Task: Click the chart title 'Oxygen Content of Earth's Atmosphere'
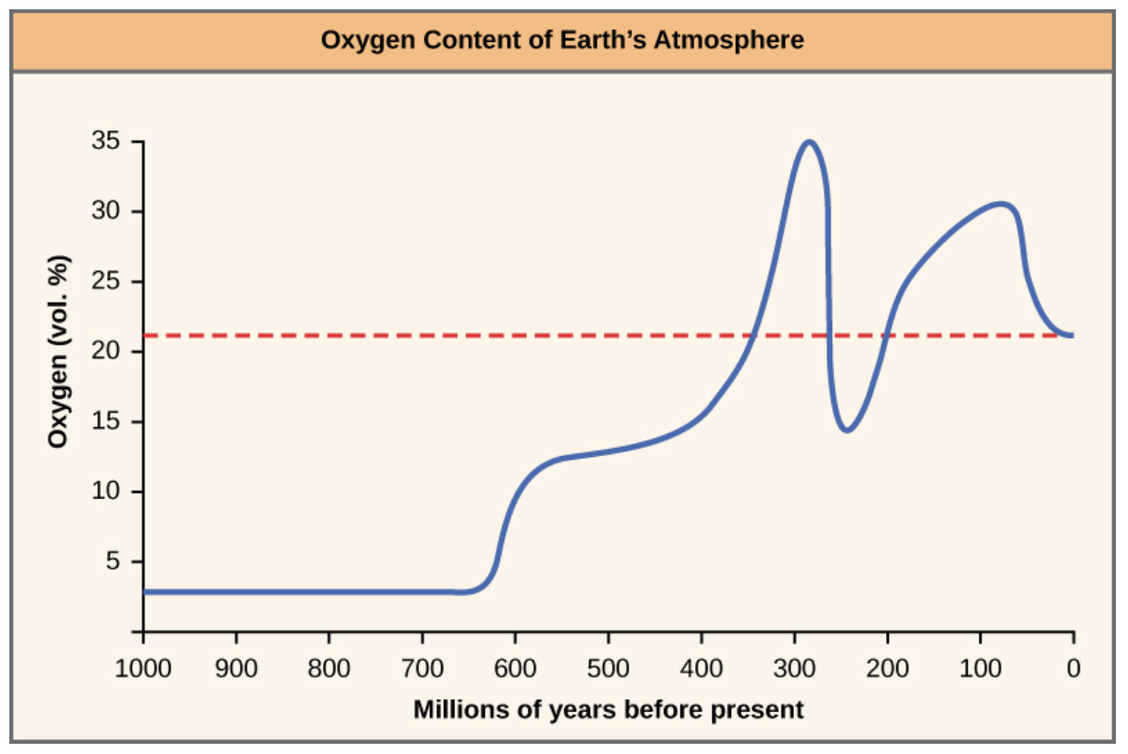(x=562, y=40)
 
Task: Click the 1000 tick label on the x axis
(x=143, y=668)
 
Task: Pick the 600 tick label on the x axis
(x=515, y=668)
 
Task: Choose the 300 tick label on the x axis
(x=794, y=668)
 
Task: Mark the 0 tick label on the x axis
(x=1073, y=668)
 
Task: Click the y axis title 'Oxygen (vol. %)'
(x=60, y=351)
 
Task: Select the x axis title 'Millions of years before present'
(x=608, y=710)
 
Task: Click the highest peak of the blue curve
(x=810, y=142)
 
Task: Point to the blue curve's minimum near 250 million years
(x=847, y=430)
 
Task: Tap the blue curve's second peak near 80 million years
(x=1001, y=203)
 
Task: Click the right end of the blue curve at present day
(x=1072, y=335)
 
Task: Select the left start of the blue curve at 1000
(x=146, y=591)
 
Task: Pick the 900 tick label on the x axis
(x=235, y=668)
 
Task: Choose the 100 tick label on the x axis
(x=980, y=668)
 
